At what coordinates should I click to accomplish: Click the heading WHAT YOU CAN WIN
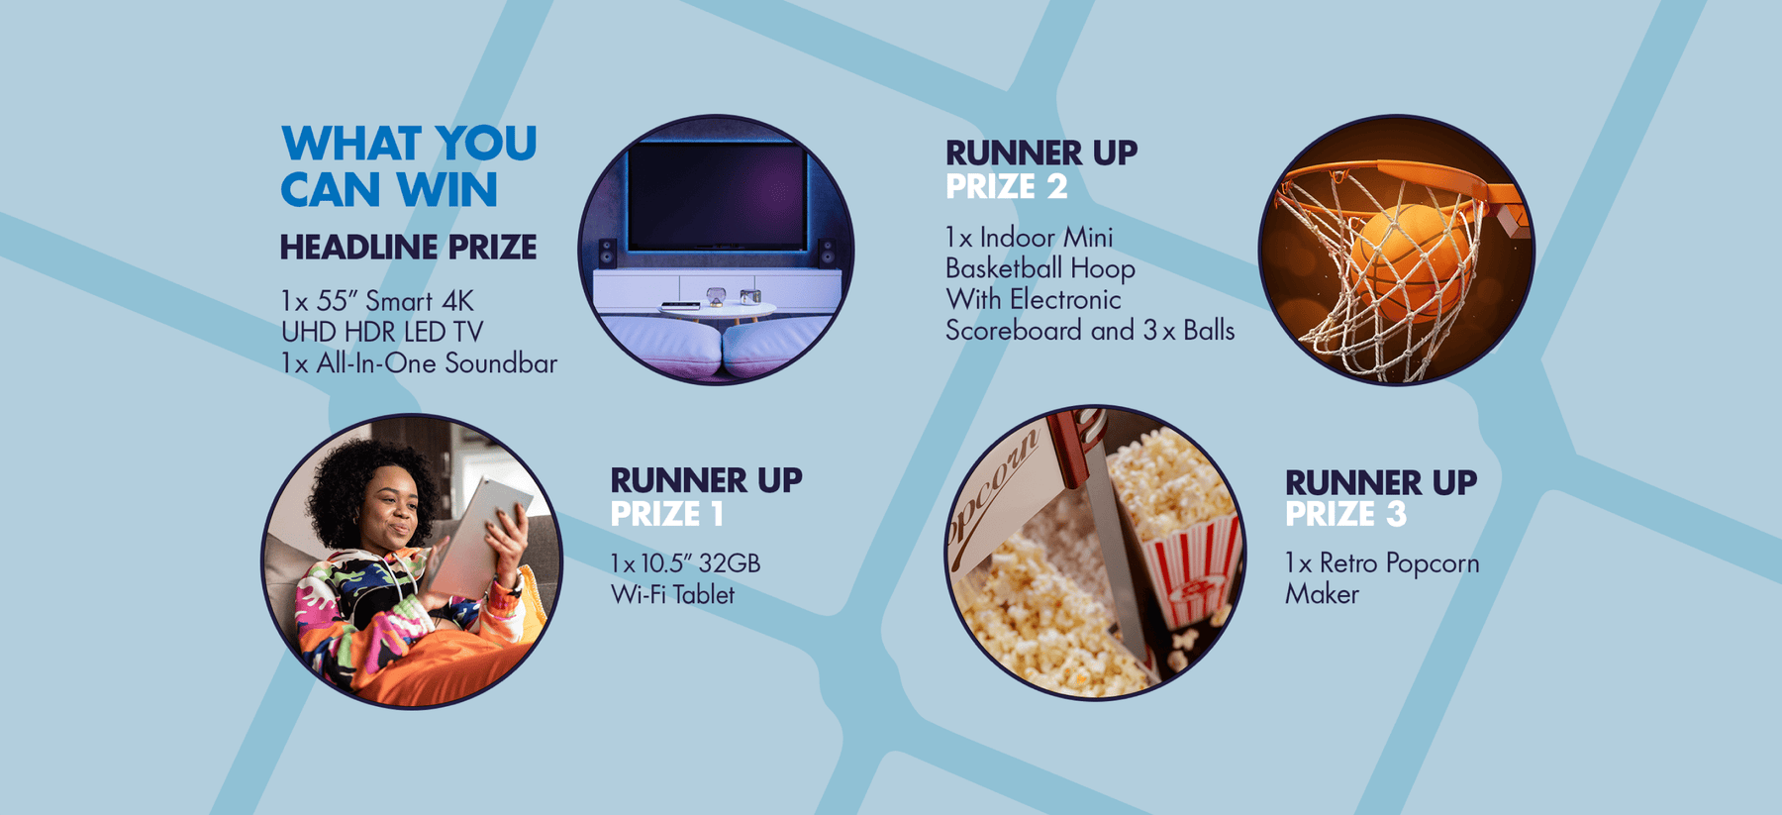[x=409, y=166]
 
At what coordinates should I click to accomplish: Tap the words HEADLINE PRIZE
[x=408, y=248]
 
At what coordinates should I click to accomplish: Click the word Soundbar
[x=501, y=363]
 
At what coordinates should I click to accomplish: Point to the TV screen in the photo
[x=718, y=197]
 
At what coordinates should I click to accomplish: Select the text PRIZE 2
[x=1007, y=186]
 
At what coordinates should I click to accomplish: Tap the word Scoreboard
[x=1014, y=331]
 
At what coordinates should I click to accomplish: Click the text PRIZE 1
[x=667, y=514]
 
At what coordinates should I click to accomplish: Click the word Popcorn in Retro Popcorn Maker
[x=1433, y=564]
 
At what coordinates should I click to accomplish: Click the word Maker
[x=1322, y=594]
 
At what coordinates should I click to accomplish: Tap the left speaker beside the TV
[x=607, y=253]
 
